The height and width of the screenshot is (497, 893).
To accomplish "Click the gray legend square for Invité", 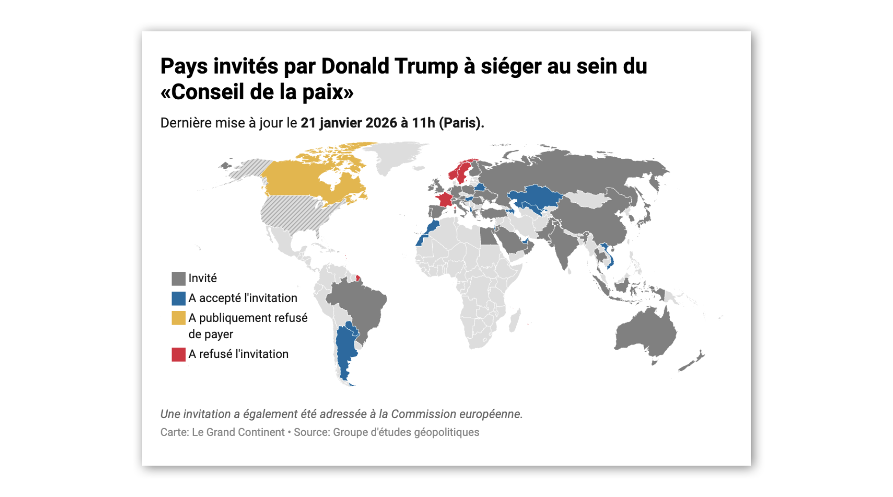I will [x=178, y=278].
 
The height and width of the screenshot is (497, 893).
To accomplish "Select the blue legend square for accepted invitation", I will [x=178, y=298].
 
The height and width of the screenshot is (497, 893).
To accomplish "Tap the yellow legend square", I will [x=178, y=318].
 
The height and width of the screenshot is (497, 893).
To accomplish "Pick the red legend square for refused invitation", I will [x=178, y=354].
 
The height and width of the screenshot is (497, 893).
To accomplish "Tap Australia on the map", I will [x=646, y=333].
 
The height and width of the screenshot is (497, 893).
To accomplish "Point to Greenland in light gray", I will [x=394, y=157].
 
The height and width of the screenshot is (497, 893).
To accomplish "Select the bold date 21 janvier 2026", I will [x=349, y=123].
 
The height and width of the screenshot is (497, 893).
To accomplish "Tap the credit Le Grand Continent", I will [x=238, y=432].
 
